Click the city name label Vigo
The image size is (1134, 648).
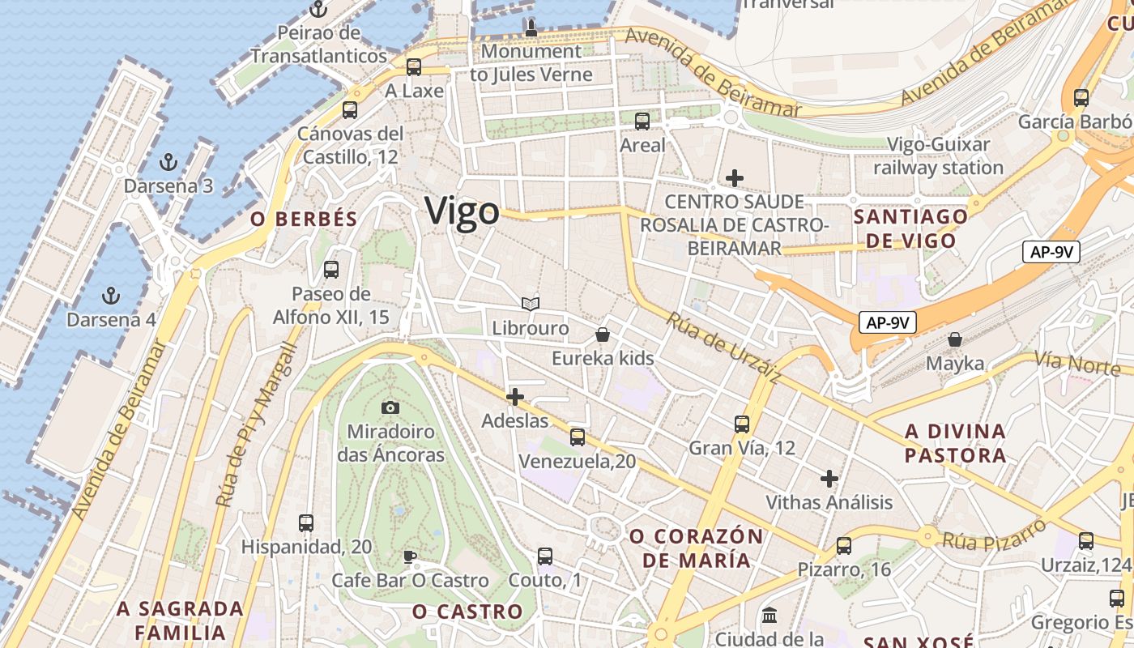coord(463,211)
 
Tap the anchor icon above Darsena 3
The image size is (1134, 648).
coord(168,162)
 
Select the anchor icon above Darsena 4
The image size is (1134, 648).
coord(111,296)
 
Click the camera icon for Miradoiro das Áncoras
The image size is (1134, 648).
coord(390,407)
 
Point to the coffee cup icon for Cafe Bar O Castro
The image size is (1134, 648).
coord(410,556)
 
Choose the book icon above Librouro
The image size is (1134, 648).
coord(531,305)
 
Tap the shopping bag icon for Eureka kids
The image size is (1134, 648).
coord(603,334)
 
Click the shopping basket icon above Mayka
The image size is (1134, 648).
coord(955,339)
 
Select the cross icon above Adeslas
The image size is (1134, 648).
coord(514,397)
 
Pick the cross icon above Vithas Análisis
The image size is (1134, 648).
coord(829,479)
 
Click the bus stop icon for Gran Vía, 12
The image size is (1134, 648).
coord(742,424)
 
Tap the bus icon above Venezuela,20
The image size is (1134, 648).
coord(578,437)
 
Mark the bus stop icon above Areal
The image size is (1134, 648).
coord(642,122)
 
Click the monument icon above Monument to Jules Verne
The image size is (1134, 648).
coord(531,28)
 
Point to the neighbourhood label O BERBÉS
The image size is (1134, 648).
coord(304,220)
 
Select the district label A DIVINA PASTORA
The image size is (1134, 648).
coord(955,443)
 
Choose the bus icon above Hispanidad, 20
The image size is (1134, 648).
coord(306,523)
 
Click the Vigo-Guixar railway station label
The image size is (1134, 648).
coord(938,156)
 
